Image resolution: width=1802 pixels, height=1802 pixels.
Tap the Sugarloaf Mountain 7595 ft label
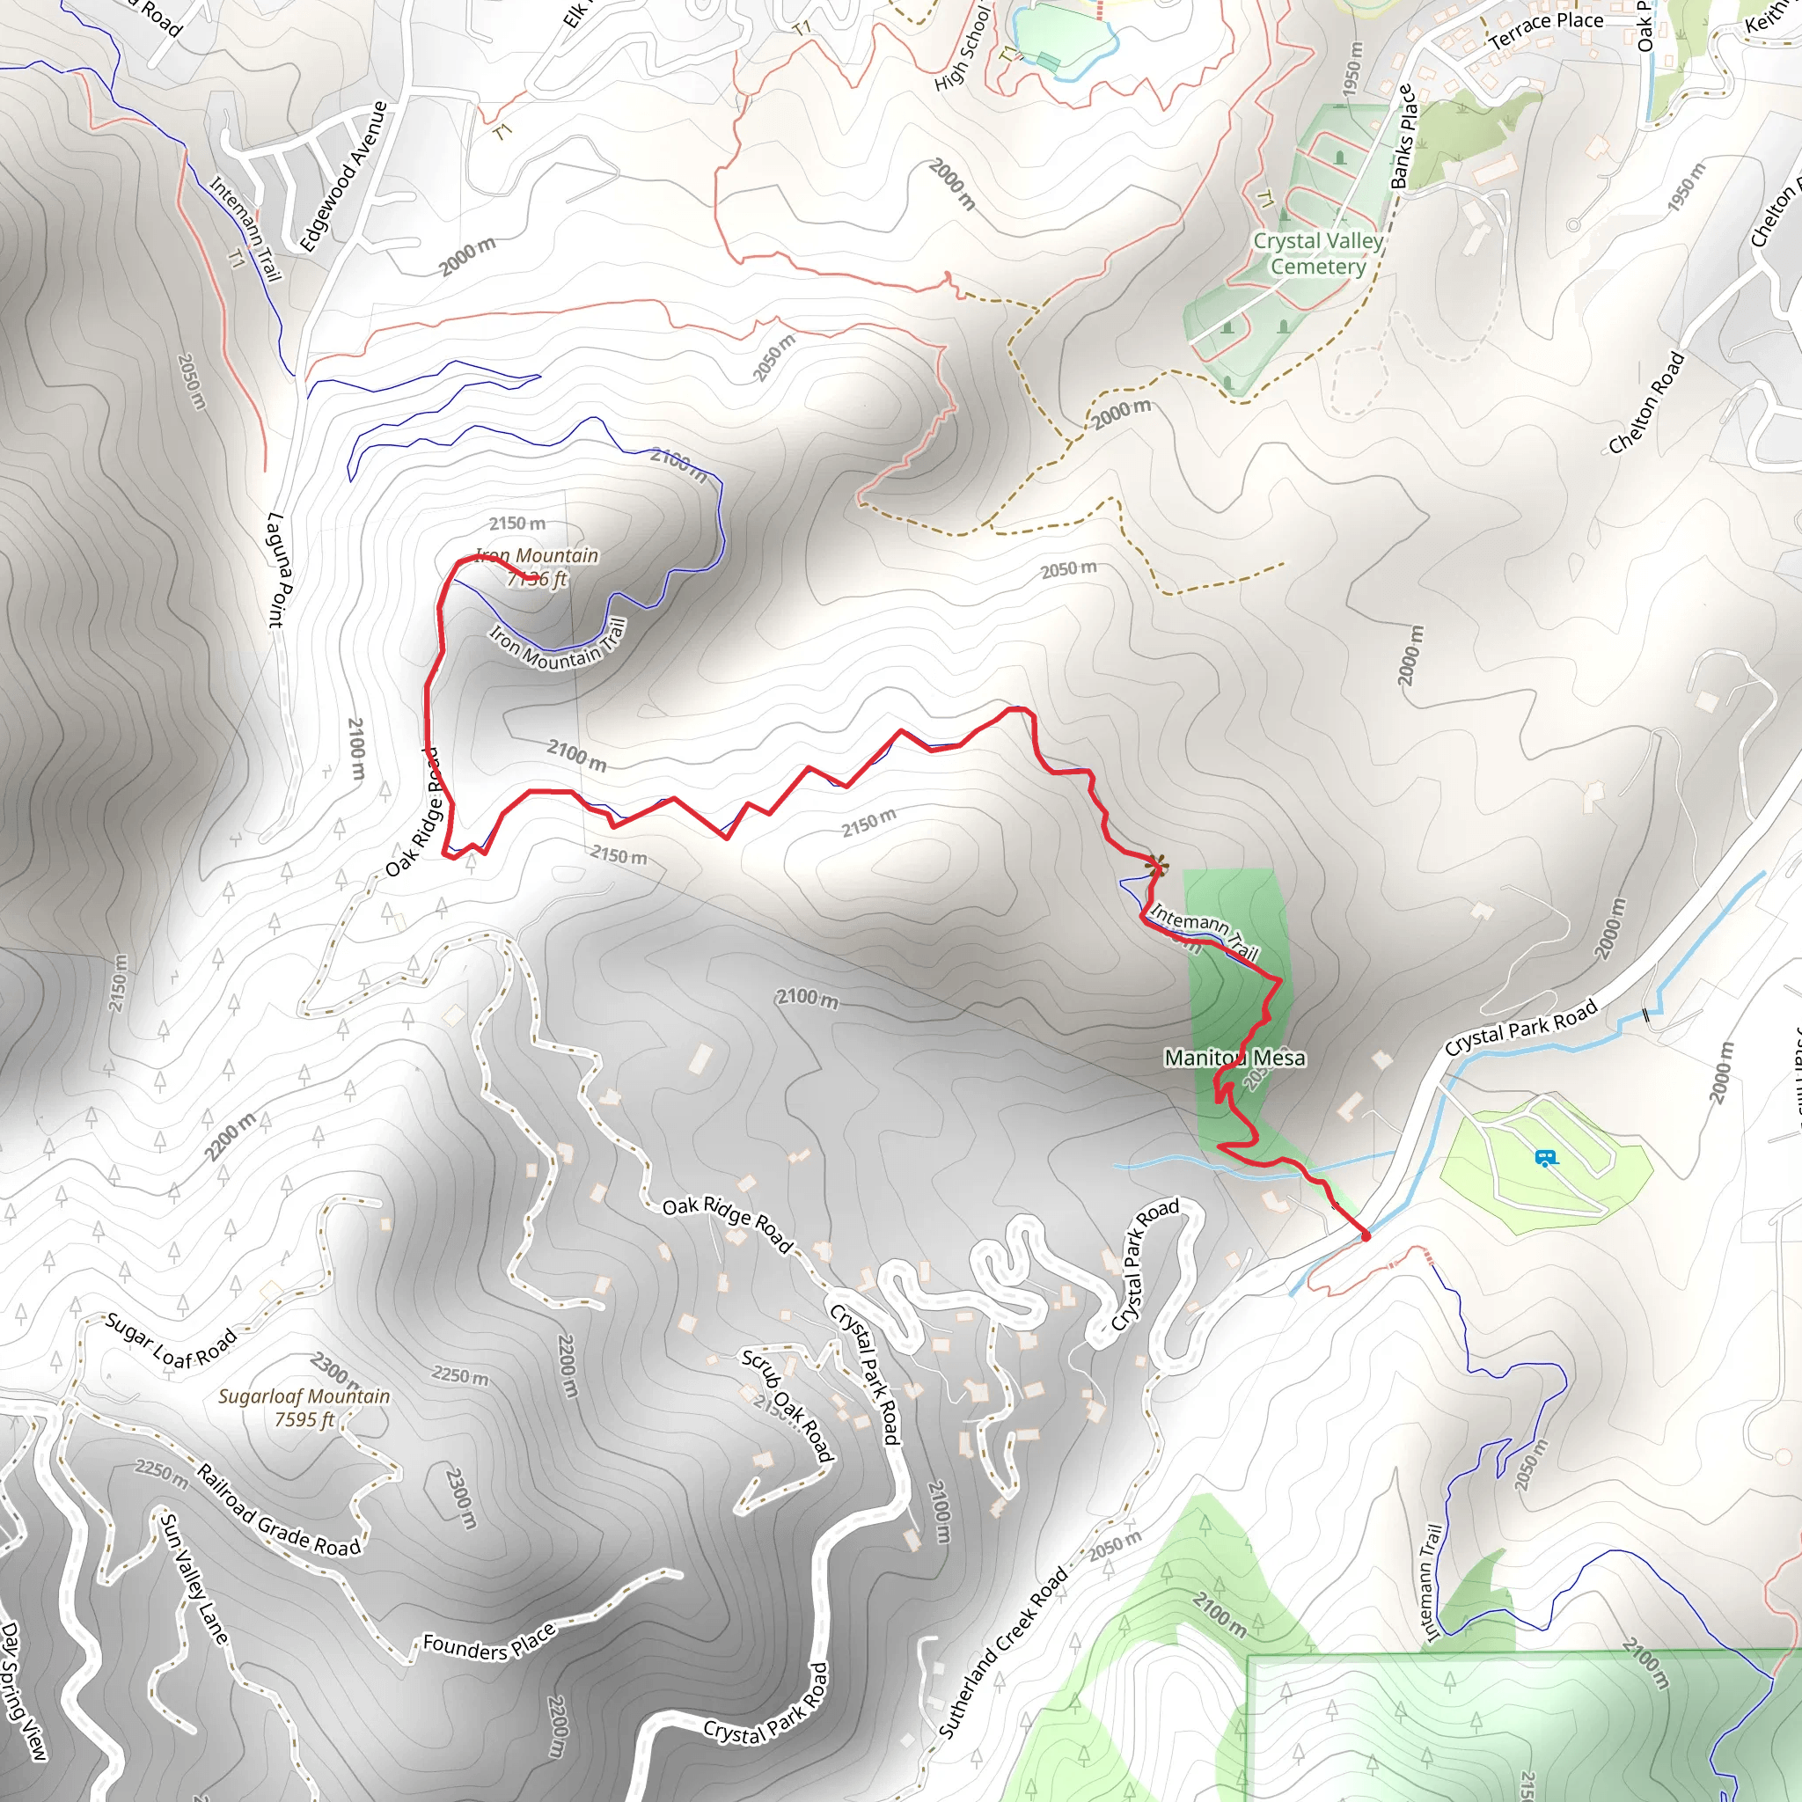click(304, 1408)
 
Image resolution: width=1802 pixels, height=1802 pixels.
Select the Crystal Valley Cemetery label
click(1318, 253)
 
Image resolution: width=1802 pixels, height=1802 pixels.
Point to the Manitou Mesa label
click(1234, 1058)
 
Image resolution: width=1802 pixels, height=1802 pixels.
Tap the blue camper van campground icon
click(1545, 1159)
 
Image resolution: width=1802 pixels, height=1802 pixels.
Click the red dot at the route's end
click(1366, 1236)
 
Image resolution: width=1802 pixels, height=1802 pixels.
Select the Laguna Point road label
click(277, 569)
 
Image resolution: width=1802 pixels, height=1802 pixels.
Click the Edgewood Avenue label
click(343, 177)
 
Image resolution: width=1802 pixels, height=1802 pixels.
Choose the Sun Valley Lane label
click(194, 1579)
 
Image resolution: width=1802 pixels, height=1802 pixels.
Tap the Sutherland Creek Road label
click(1001, 1652)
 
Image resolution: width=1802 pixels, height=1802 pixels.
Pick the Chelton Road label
click(1646, 403)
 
